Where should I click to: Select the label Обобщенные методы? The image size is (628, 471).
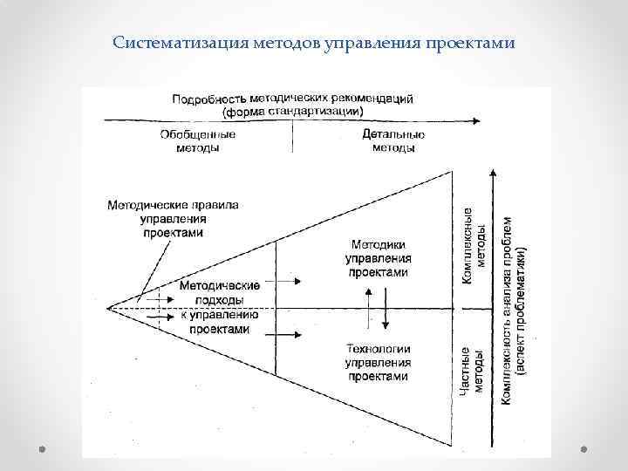pyautogui.click(x=198, y=141)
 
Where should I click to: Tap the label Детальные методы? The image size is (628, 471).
pyautogui.click(x=393, y=141)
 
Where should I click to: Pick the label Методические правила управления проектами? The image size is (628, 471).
pyautogui.click(x=173, y=218)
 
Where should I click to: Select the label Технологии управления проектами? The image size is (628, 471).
pyautogui.click(x=379, y=362)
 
